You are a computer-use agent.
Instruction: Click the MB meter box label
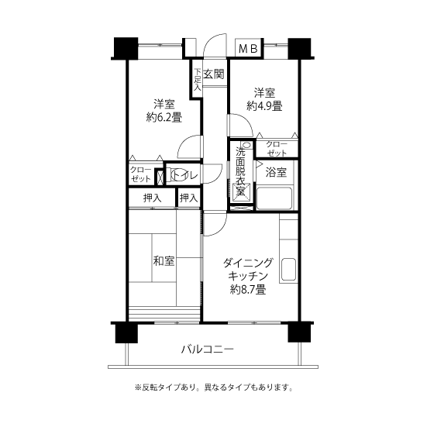[x=248, y=49]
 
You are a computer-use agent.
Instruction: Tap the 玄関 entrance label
[x=214, y=74]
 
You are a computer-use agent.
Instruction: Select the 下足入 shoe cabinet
[x=197, y=79]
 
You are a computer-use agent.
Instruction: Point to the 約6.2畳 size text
[x=164, y=117]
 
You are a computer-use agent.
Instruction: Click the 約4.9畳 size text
[x=264, y=105]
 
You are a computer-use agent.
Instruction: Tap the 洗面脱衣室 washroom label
[x=240, y=171]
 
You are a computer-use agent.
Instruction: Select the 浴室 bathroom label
[x=276, y=172]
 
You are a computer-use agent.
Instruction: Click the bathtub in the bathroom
[x=274, y=198]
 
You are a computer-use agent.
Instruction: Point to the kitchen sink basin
[x=288, y=269]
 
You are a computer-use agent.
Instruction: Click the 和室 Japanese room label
[x=164, y=261]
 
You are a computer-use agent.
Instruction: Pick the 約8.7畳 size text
[x=248, y=290]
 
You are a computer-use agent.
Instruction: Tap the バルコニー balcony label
[x=208, y=349]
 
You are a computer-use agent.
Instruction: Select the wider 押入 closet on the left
[x=152, y=198]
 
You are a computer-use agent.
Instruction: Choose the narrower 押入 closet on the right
[x=188, y=198]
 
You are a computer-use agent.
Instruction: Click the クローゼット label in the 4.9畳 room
[x=277, y=149]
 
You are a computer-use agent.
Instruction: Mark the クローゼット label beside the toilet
[x=141, y=174]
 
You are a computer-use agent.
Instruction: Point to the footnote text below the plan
[x=214, y=387]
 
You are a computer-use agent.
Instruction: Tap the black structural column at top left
[x=126, y=48]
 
